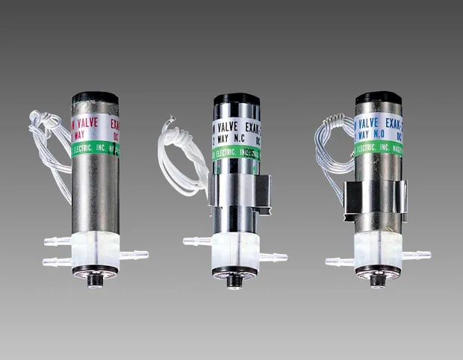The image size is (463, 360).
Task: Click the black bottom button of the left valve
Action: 96,282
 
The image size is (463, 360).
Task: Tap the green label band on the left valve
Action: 95,149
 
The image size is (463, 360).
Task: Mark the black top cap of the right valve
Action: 378,99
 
